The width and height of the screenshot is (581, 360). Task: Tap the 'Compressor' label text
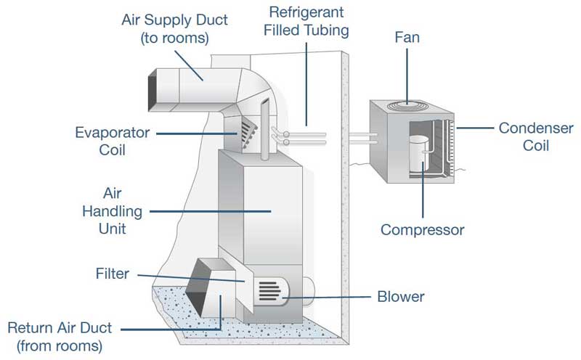423,230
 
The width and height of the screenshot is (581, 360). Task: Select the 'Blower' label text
400,296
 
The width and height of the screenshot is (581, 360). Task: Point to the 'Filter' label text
111,274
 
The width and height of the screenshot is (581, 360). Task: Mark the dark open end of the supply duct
153,89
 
